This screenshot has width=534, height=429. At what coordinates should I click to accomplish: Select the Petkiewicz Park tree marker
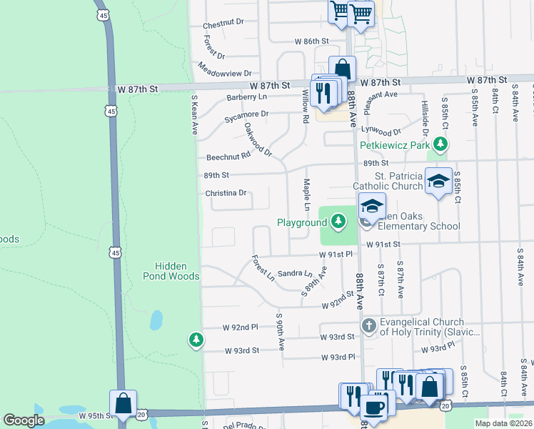point(441,145)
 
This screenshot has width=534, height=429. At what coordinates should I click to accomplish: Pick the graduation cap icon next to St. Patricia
point(438,179)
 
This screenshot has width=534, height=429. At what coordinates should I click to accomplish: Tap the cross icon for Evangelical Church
point(369,327)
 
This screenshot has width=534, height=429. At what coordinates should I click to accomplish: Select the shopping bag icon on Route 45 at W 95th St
point(124,403)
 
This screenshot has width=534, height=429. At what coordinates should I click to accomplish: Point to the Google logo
point(24,420)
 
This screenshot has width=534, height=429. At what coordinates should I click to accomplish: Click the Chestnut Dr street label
point(223,24)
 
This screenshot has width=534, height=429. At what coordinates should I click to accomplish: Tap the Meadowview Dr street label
point(226,72)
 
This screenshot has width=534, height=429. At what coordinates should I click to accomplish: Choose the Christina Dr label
point(226,193)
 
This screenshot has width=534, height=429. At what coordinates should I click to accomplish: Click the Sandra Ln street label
point(295,274)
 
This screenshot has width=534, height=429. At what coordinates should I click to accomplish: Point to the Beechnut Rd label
point(228,156)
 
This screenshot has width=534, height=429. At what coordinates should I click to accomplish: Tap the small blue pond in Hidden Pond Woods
point(156,320)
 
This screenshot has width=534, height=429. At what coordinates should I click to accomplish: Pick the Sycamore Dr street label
point(246,114)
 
